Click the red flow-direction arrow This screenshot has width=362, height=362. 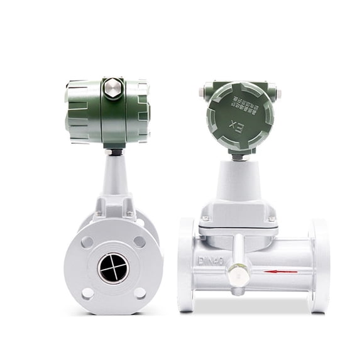[280, 271]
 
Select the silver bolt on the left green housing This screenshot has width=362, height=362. [113, 88]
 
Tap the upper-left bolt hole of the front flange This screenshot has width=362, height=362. [87, 242]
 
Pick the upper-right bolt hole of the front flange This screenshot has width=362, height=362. [140, 241]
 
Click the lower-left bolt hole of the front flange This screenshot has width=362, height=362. [87, 293]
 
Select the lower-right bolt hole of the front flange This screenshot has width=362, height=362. [140, 293]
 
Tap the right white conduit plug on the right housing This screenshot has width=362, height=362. [278, 93]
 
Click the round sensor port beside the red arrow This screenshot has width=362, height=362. [237, 271]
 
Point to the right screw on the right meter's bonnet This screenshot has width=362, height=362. [271, 219]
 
